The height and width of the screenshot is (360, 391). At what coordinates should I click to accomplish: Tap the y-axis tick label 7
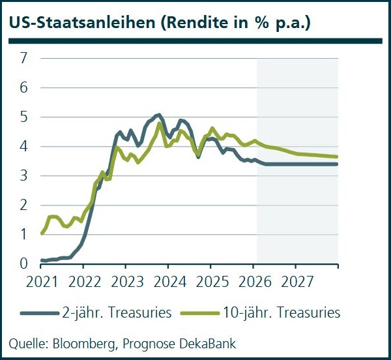(x=23, y=58)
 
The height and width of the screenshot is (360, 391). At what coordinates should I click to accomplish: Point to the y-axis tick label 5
(x=23, y=117)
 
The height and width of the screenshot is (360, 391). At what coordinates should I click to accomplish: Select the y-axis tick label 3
(x=23, y=175)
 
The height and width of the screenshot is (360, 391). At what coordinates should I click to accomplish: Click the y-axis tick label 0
(x=23, y=263)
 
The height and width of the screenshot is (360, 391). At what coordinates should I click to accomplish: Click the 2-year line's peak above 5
(x=158, y=115)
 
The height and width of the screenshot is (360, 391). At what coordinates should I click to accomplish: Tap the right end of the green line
(x=338, y=157)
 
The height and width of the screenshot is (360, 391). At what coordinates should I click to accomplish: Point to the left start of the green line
(x=42, y=233)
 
